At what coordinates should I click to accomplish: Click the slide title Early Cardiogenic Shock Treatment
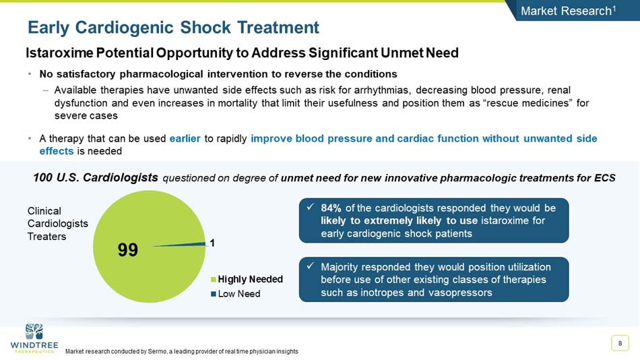(x=173, y=28)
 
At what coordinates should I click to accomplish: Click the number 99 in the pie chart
(x=128, y=250)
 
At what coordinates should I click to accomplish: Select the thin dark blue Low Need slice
(x=195, y=244)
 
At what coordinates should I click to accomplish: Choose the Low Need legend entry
(x=240, y=293)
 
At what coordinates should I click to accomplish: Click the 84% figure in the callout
(x=331, y=208)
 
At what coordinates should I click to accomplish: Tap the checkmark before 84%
(x=311, y=207)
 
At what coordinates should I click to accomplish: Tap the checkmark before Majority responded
(x=311, y=266)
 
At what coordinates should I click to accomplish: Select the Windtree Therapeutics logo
(x=34, y=338)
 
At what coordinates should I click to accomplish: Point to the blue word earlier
(x=185, y=139)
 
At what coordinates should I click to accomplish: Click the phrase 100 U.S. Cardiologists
(x=96, y=178)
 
